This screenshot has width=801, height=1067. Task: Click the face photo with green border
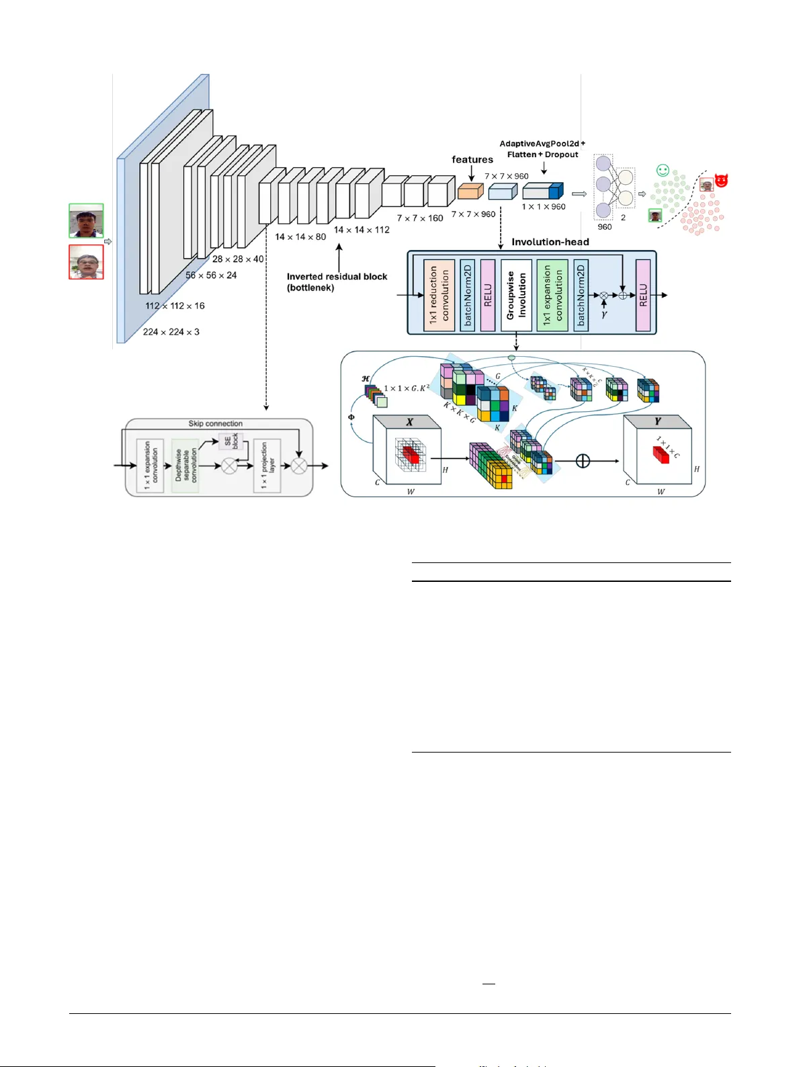86,221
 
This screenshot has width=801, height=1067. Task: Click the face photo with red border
86,262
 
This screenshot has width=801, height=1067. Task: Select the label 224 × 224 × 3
171,332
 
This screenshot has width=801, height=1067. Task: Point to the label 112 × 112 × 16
175,306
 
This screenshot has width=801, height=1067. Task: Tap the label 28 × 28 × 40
238,259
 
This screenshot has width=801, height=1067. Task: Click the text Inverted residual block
337,276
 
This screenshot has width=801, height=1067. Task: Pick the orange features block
470,191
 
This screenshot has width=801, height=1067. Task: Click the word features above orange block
472,160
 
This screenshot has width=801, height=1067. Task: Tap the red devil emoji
722,180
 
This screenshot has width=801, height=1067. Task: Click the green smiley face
663,171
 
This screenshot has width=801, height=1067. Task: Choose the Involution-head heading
550,242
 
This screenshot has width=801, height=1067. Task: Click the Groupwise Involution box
516,295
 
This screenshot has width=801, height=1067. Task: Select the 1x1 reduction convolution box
439,295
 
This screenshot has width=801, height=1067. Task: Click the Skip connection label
215,424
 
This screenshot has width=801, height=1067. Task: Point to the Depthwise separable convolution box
185,465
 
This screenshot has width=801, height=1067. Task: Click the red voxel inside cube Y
661,455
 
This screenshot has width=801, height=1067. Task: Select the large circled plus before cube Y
583,461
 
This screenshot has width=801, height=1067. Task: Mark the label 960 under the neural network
605,227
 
